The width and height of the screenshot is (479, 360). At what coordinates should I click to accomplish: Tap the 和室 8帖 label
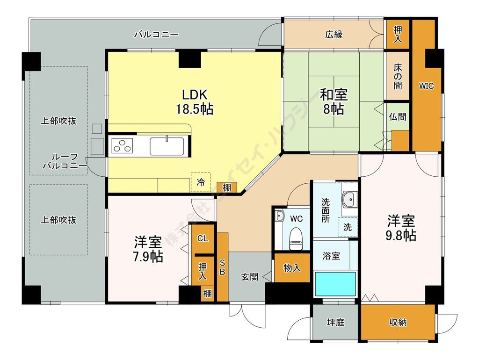click(x=333, y=101)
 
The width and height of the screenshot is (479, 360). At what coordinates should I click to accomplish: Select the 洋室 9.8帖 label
click(x=401, y=228)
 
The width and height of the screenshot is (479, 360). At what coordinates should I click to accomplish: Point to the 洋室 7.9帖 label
click(x=149, y=249)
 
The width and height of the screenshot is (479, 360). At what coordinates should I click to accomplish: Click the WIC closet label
click(x=426, y=86)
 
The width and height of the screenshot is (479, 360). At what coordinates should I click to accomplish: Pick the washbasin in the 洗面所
click(x=348, y=201)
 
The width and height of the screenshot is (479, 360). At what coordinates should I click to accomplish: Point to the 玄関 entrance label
click(x=249, y=276)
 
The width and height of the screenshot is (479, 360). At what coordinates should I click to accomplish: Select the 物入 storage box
click(x=292, y=268)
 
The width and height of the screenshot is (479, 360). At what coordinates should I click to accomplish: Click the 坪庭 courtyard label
click(x=335, y=323)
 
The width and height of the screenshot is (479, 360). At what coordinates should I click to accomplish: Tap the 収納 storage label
click(x=398, y=323)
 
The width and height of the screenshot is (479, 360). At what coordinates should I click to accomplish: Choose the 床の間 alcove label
click(x=398, y=76)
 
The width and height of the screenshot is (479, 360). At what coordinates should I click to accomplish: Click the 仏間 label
click(x=398, y=117)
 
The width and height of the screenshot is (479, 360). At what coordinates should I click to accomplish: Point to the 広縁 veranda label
click(x=334, y=34)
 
